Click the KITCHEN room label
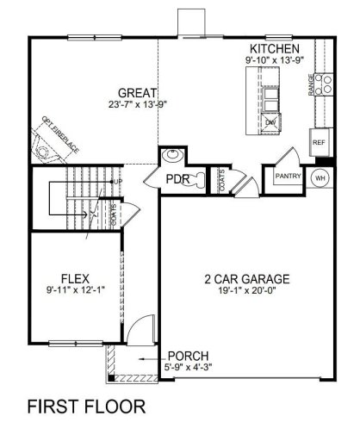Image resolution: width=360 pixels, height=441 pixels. (x=274, y=49)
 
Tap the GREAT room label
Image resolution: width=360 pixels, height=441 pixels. (x=137, y=92)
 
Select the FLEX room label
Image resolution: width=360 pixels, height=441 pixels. (x=71, y=277)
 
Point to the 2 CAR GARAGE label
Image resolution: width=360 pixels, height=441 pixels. (x=246, y=279)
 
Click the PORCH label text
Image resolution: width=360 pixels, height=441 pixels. (x=187, y=356)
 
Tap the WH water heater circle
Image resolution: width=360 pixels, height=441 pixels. (x=320, y=177)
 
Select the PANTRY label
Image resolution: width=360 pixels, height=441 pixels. (x=287, y=176)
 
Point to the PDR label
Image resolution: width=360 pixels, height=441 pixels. (x=177, y=180)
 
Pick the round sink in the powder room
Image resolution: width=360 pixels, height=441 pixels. (x=171, y=157)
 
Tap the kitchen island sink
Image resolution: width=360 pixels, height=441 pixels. (x=270, y=122)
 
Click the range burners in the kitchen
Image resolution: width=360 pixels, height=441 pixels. (x=326, y=84)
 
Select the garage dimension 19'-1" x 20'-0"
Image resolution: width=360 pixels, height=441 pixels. (x=246, y=291)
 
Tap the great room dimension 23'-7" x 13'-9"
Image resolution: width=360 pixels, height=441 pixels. (x=137, y=104)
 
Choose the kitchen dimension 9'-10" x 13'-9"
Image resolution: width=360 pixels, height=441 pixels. (x=274, y=60)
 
